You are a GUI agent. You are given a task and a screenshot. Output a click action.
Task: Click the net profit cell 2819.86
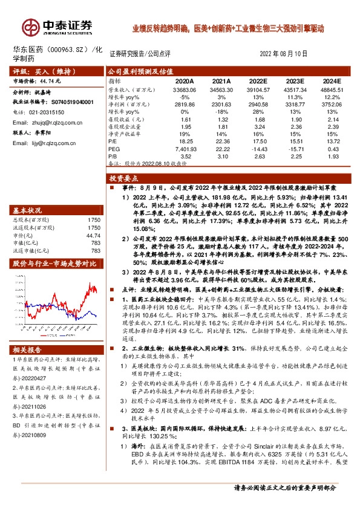pos(183,103)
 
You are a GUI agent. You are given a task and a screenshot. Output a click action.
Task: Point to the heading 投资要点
pos(123,179)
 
